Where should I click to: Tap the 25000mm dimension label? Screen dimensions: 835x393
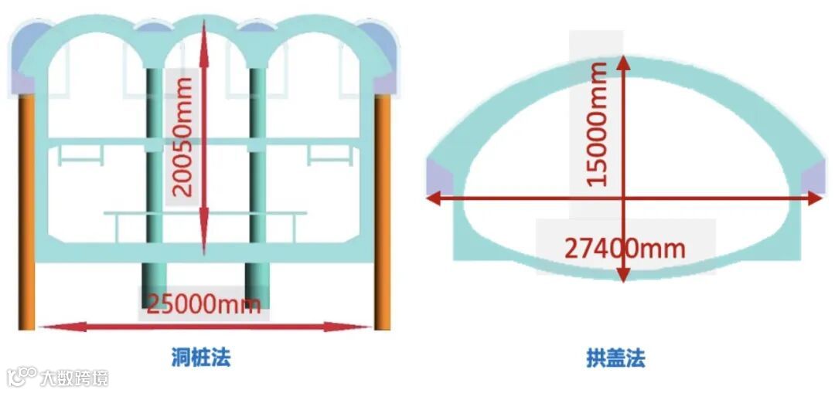point(204,303)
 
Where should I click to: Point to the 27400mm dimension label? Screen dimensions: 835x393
point(625,249)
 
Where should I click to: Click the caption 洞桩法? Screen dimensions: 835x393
point(201,357)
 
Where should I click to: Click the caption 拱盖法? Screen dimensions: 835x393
point(615,358)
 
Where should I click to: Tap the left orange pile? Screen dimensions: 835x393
point(26,208)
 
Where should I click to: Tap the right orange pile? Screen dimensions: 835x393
point(382,208)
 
